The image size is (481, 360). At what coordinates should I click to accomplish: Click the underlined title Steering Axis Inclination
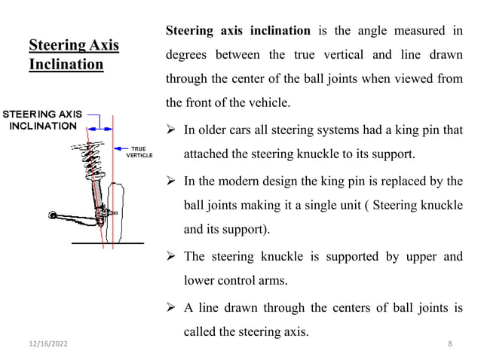click(73, 55)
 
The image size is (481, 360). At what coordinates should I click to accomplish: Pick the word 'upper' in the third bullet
click(417, 256)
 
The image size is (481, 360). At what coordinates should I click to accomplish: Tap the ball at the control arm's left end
click(51, 215)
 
